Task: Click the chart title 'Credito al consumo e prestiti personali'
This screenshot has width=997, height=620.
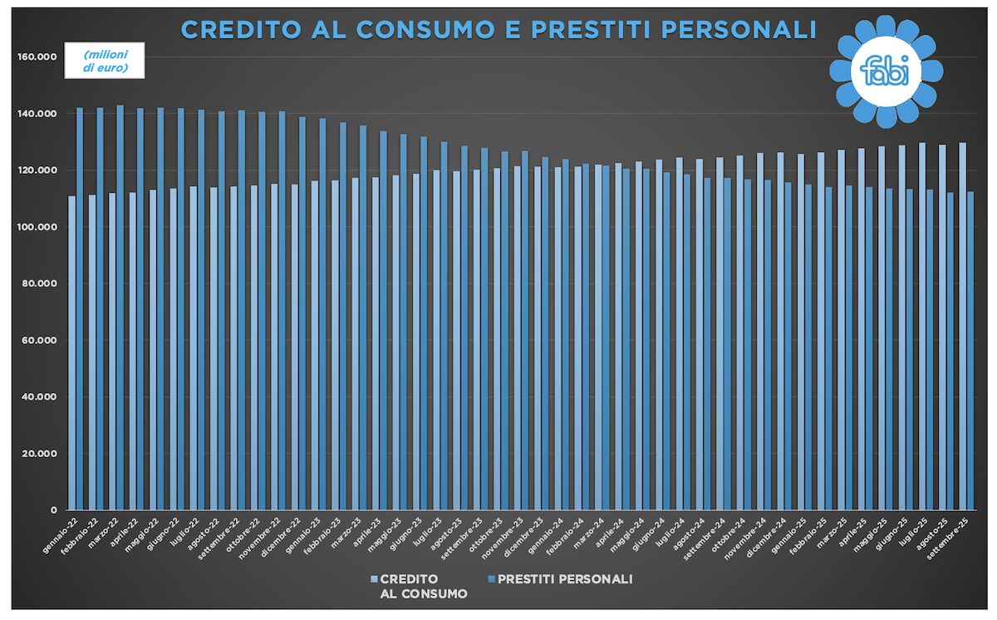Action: (x=498, y=30)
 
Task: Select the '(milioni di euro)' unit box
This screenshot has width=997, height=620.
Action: (x=106, y=61)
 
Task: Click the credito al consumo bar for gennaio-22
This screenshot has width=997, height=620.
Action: (x=72, y=352)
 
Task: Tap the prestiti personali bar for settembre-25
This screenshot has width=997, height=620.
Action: (x=970, y=350)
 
